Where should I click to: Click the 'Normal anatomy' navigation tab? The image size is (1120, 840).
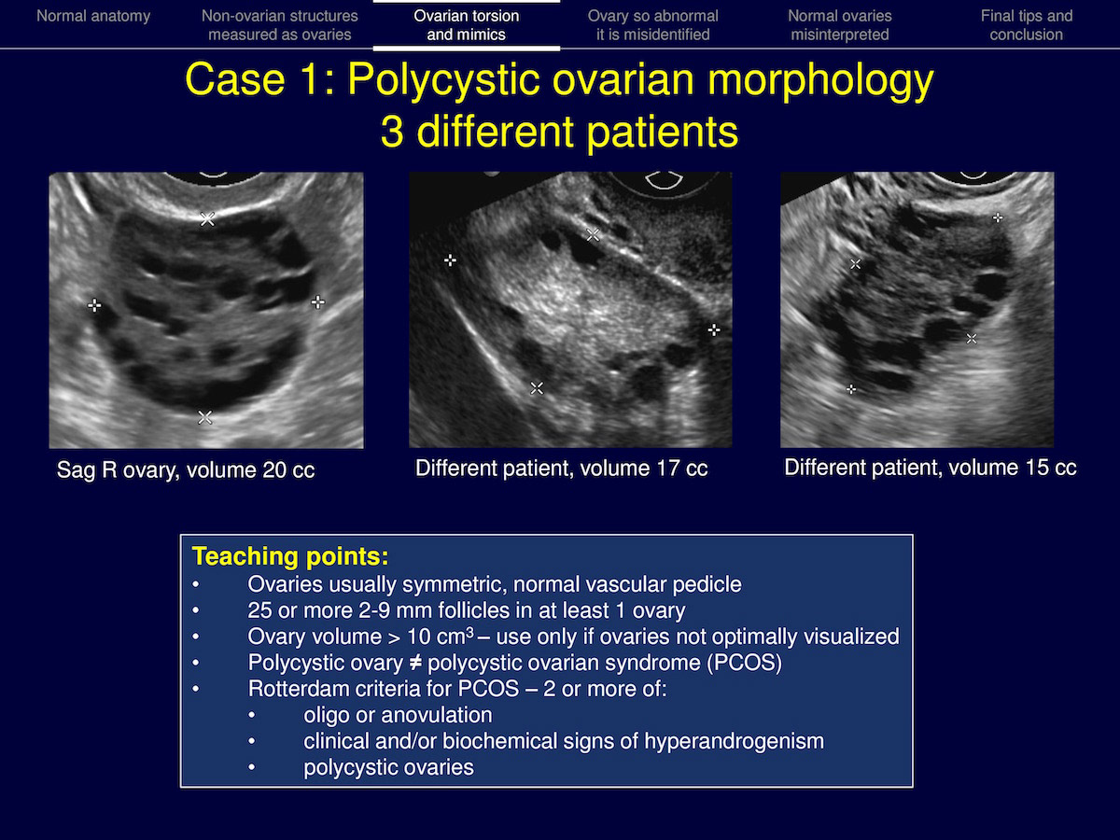93,16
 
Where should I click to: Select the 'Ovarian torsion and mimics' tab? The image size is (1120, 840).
467,25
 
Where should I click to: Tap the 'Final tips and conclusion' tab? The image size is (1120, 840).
1027,25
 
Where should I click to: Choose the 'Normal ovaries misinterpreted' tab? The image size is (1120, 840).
840,25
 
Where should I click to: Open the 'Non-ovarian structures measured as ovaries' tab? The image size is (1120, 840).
280,25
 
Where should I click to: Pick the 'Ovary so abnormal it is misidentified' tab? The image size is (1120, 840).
653,25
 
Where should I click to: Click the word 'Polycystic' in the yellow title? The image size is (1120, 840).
443,80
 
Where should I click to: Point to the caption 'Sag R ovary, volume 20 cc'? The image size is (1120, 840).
186,469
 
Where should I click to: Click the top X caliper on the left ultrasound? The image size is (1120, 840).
207,219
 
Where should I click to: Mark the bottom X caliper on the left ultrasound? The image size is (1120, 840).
205,418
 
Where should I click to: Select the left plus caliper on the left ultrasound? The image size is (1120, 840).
94,305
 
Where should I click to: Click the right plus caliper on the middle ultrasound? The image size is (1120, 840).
714,330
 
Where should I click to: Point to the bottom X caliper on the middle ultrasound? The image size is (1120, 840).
537,388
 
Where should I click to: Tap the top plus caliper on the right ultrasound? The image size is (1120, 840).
998,218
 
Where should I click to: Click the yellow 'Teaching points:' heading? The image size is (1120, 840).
290,556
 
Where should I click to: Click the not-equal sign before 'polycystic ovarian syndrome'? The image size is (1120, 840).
416,663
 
